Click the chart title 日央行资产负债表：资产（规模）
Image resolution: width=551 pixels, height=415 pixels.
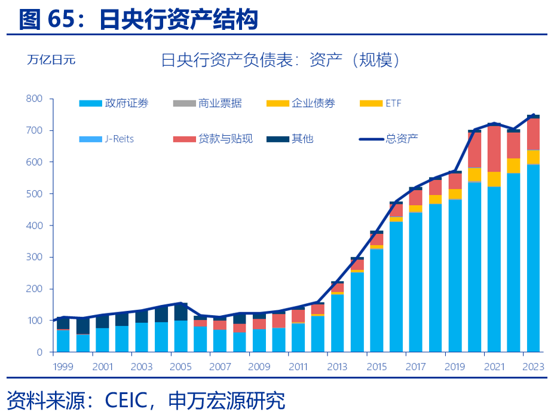click(x=280, y=60)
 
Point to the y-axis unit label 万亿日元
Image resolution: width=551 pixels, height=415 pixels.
click(x=51, y=60)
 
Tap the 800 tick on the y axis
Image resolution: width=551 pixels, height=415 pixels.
click(x=34, y=99)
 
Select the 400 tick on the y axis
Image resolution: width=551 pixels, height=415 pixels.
click(x=34, y=225)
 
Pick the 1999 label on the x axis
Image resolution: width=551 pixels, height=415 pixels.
click(x=63, y=367)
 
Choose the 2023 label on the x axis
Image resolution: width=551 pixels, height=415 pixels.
click(x=532, y=367)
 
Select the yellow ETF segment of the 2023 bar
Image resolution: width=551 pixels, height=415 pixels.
click(x=532, y=157)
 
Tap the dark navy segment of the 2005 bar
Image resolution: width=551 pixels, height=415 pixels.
click(x=180, y=312)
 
